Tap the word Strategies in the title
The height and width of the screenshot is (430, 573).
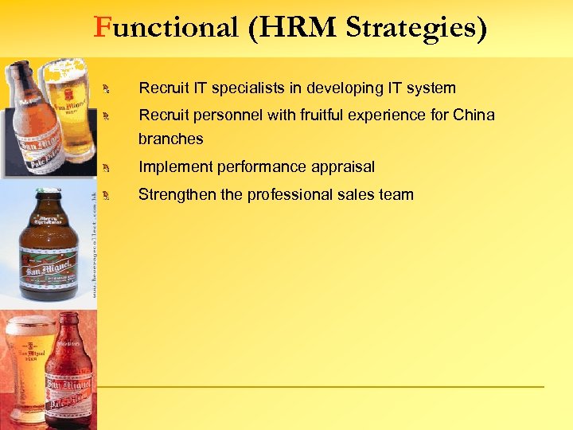[416, 28]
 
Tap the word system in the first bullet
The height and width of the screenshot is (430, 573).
[430, 88]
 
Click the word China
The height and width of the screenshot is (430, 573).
[474, 115]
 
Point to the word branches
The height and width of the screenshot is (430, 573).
[170, 139]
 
